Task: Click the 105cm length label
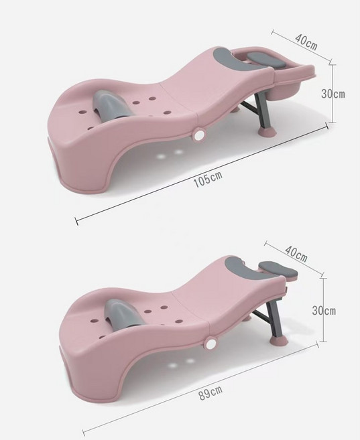pos(208,179)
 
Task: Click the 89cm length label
pos(211,393)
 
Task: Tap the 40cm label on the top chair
pos(306,42)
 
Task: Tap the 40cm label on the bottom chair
pos(296,253)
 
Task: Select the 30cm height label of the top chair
pos(333,94)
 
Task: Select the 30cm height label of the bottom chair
pos(324,311)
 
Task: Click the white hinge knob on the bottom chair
pos(210,344)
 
